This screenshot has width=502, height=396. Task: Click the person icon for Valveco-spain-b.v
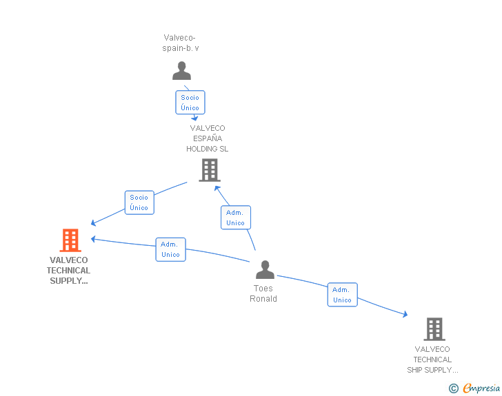pyautogui.click(x=181, y=71)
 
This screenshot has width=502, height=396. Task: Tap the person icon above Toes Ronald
pyautogui.click(x=265, y=270)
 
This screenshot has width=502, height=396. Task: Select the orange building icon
pyautogui.click(x=70, y=240)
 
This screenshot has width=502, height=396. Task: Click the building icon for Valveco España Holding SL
pyautogui.click(x=210, y=170)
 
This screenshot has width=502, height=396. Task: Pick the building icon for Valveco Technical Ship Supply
pyautogui.click(x=434, y=329)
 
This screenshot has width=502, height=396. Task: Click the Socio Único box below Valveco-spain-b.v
pyautogui.click(x=190, y=103)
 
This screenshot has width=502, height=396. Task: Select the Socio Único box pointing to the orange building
pyautogui.click(x=139, y=202)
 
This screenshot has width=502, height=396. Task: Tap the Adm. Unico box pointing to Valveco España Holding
pyautogui.click(x=236, y=218)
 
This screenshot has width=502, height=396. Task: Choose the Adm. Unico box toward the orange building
pyautogui.click(x=170, y=249)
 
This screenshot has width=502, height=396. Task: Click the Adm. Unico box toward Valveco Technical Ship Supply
pyautogui.click(x=342, y=295)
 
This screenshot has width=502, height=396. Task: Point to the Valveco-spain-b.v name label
pyautogui.click(x=180, y=43)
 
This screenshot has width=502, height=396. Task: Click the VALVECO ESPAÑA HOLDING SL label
pyautogui.click(x=208, y=138)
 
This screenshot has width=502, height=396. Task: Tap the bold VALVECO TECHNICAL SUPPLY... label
pyautogui.click(x=68, y=270)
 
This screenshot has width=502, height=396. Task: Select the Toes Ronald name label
pyautogui.click(x=263, y=293)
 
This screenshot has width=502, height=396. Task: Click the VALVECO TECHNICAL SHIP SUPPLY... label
pyautogui.click(x=432, y=359)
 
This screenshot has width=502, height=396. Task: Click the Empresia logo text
pyautogui.click(x=481, y=388)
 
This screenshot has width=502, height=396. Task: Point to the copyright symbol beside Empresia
pyautogui.click(x=454, y=388)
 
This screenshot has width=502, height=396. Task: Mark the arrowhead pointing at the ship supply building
pyautogui.click(x=405, y=314)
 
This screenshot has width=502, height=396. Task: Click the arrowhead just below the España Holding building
pyautogui.click(x=217, y=189)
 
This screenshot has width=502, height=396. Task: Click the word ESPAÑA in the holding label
pyautogui.click(x=208, y=138)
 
